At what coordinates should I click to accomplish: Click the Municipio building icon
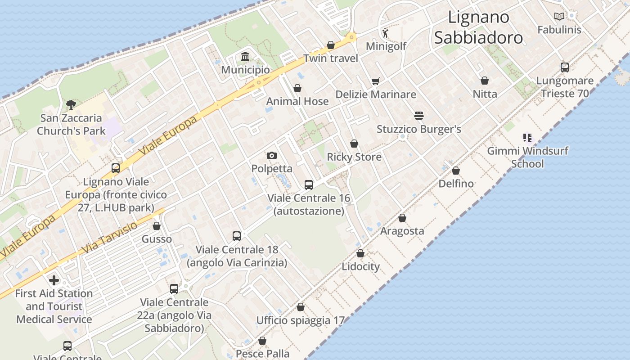(x=245, y=57)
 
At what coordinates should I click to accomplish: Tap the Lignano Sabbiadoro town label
(x=478, y=27)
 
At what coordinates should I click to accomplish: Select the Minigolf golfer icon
(x=385, y=32)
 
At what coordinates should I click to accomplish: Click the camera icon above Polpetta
(x=271, y=156)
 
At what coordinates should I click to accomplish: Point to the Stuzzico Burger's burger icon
(x=419, y=116)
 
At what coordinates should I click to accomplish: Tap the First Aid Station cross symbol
(x=54, y=281)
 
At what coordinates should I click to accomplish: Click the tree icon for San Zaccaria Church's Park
(x=71, y=105)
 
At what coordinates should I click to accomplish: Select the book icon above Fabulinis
(x=559, y=17)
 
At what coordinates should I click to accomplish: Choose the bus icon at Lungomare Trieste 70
(x=565, y=67)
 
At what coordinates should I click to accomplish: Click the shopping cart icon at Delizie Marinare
(x=375, y=81)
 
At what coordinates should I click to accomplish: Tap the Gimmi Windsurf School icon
(x=527, y=137)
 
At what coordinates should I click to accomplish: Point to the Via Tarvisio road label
(x=110, y=238)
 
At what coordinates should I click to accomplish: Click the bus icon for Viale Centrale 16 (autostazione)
(x=309, y=184)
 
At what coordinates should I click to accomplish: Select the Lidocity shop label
(x=360, y=266)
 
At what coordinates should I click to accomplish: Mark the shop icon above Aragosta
(x=402, y=218)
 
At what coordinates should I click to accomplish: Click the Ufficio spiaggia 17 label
(x=300, y=320)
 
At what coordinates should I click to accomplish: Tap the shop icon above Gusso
(x=157, y=226)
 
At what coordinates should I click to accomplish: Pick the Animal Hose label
(x=297, y=101)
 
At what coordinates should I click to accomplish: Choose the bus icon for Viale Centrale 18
(x=237, y=236)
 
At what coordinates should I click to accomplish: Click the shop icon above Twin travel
(x=331, y=45)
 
